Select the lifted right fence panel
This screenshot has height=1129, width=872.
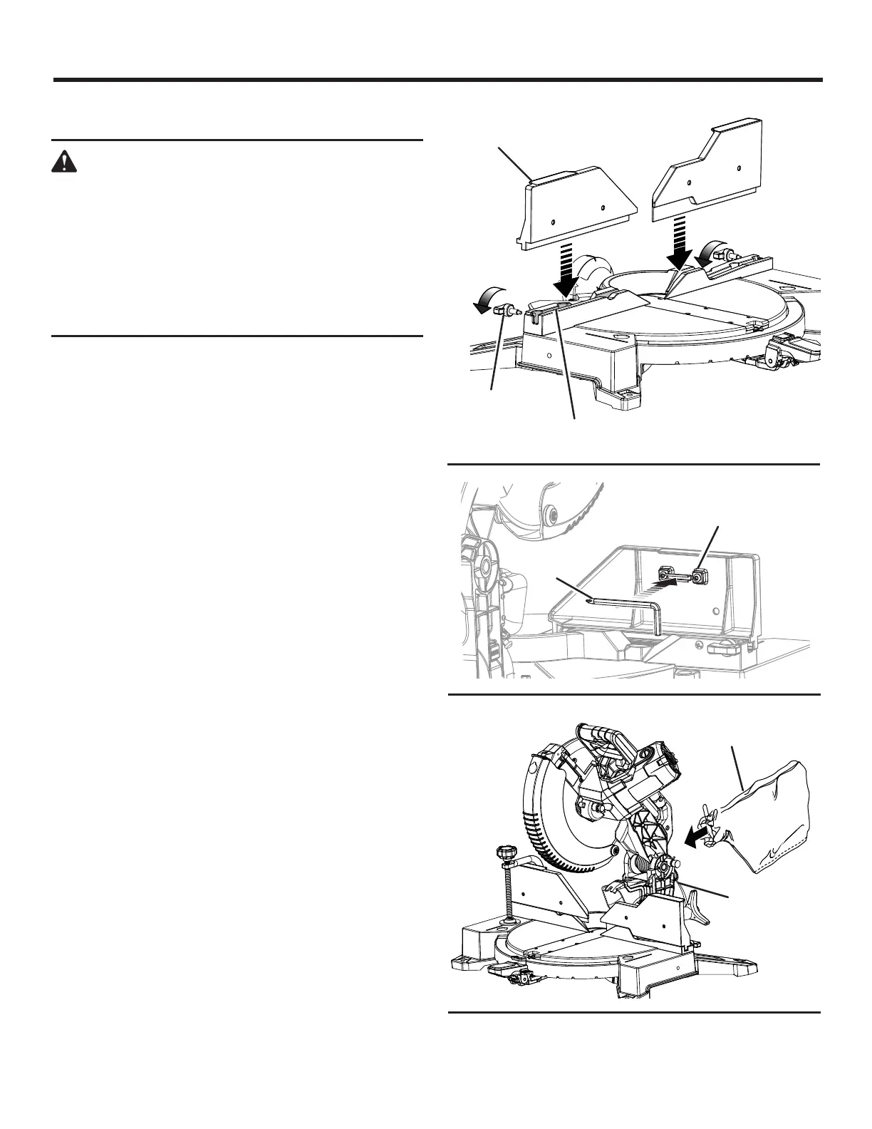click(x=705, y=175)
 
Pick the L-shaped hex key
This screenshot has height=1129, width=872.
click(x=627, y=609)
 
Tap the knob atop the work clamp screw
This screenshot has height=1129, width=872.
click(x=505, y=852)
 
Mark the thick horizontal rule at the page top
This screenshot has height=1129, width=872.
click(x=437, y=80)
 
